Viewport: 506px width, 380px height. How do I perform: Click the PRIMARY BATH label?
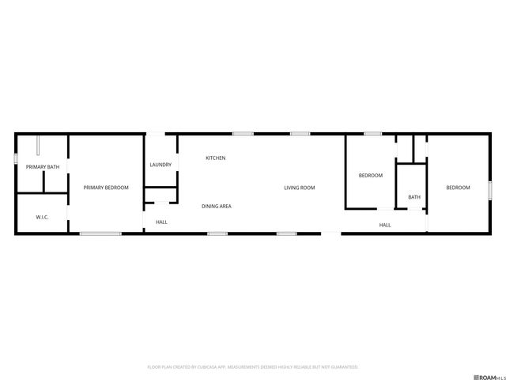tap(43, 167)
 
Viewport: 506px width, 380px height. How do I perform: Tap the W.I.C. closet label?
tap(43, 217)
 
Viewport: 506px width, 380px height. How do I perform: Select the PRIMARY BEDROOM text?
tap(106, 188)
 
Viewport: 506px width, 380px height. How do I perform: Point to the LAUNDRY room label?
tap(160, 165)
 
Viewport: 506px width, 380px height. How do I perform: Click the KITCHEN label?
tap(216, 158)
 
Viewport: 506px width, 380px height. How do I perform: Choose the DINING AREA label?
tap(216, 207)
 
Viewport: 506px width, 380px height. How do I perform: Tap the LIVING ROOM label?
tap(300, 188)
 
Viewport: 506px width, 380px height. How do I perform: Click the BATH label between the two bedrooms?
tap(414, 197)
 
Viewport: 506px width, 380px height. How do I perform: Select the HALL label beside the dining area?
tap(161, 222)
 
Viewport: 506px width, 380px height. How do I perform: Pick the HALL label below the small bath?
tap(385, 225)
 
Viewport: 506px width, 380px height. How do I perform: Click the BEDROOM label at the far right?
tap(458, 188)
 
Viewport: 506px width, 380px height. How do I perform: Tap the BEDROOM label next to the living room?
tap(371, 176)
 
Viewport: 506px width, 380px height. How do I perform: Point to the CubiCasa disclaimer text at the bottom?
tap(253, 367)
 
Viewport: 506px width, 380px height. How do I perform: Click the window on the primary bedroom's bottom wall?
tap(100, 233)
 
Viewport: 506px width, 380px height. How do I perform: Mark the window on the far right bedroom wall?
tap(491, 191)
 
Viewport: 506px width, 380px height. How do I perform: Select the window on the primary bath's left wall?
tap(16, 158)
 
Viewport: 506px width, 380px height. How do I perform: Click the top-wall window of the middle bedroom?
tap(373, 134)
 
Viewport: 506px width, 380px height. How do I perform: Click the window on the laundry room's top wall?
tap(160, 134)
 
